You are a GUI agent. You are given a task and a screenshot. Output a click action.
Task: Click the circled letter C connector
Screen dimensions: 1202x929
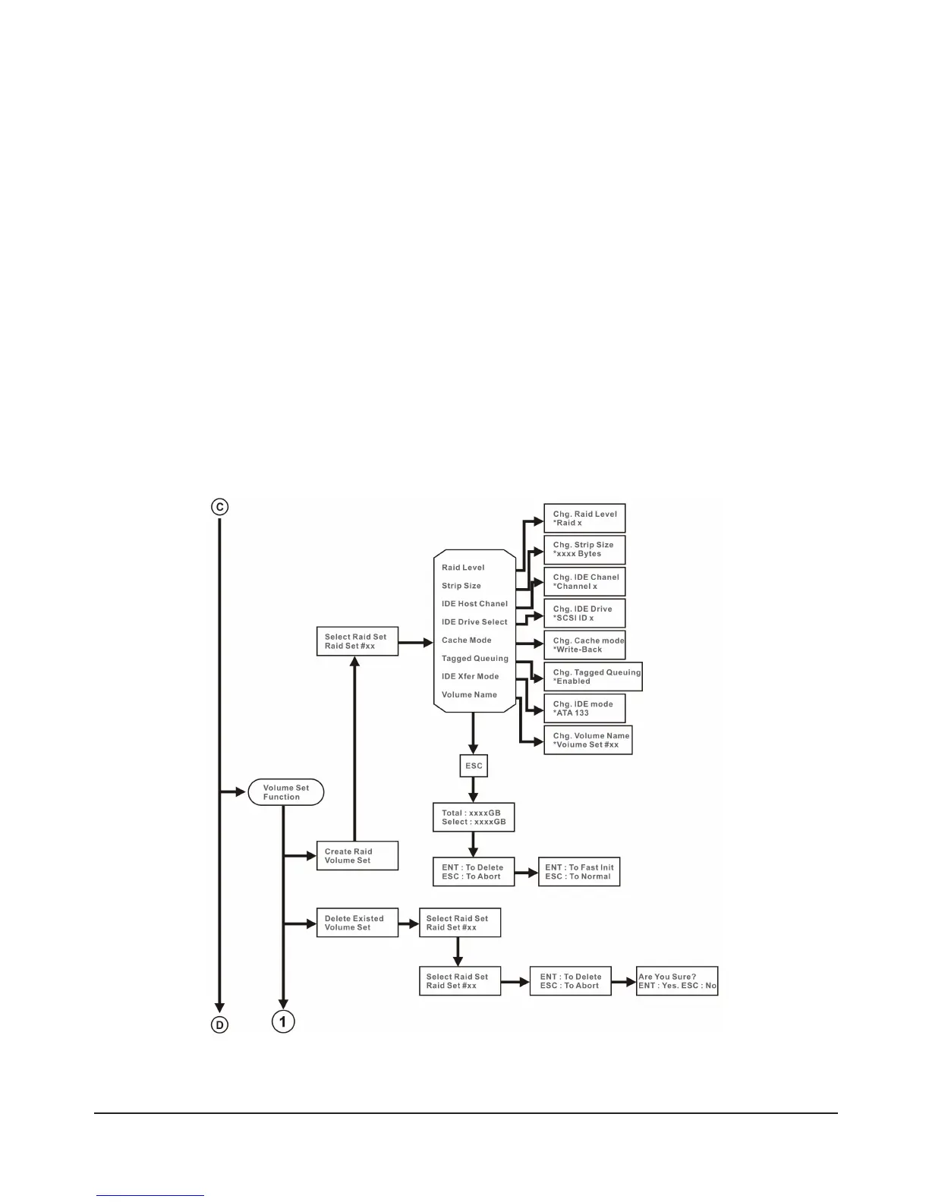point(219,507)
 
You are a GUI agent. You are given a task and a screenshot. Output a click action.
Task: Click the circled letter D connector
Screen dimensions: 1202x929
point(219,1025)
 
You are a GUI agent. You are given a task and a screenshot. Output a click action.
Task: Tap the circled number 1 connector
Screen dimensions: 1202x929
point(283,1022)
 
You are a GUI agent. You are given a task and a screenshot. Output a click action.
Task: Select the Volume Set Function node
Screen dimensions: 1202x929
point(286,792)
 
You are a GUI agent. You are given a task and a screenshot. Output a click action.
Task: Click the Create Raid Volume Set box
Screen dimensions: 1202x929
point(357,856)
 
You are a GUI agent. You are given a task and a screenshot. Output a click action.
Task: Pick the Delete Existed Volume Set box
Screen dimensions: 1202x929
point(357,923)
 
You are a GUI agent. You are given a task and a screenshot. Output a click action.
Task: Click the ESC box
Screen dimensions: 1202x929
point(474,766)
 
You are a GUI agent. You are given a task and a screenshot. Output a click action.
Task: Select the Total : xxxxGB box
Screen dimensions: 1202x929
point(474,817)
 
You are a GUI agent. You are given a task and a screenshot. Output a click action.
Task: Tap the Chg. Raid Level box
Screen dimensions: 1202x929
point(584,518)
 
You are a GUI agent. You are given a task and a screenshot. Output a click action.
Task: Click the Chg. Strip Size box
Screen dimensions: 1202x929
point(584,549)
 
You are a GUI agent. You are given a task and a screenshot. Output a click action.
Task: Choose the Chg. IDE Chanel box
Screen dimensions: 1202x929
point(584,582)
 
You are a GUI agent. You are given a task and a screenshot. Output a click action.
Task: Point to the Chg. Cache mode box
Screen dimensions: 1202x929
point(584,645)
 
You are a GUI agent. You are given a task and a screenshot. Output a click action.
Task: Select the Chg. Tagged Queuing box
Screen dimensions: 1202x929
point(593,677)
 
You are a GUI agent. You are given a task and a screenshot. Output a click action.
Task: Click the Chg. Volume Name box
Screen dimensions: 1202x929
point(587,740)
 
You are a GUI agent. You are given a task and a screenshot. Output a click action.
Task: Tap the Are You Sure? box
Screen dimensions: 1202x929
point(677,981)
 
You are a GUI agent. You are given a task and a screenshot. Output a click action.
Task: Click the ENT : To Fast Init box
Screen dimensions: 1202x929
point(579,872)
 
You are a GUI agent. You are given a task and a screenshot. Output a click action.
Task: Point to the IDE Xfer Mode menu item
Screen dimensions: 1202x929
point(471,676)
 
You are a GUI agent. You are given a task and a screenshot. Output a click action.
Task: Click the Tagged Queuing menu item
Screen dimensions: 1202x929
point(475,658)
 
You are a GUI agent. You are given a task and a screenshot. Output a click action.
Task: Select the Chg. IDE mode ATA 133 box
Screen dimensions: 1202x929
point(584,708)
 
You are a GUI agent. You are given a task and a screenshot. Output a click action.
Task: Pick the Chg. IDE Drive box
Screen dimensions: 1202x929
point(584,613)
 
